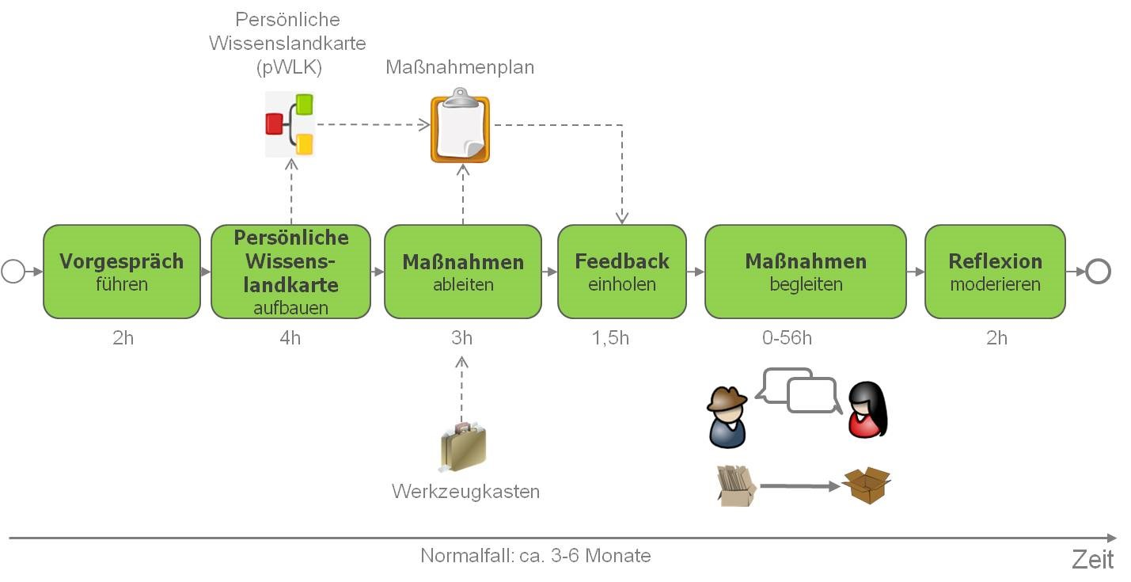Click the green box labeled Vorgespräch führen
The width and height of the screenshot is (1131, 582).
[x=122, y=272]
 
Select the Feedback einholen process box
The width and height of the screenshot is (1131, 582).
[x=622, y=272]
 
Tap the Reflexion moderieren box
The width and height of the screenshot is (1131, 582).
[x=995, y=272]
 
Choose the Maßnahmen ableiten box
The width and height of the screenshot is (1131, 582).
[x=463, y=272]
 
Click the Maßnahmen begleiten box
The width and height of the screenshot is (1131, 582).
[x=806, y=272]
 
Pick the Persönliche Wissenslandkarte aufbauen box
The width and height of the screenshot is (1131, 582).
[x=291, y=272]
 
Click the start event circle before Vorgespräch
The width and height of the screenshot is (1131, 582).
[x=13, y=272]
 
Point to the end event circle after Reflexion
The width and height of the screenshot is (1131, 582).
[x=1099, y=272]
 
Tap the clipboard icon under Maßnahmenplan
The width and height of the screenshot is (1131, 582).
[x=460, y=129]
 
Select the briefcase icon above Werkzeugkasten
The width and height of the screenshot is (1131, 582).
[x=463, y=447]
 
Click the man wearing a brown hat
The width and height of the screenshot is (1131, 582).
[x=727, y=417]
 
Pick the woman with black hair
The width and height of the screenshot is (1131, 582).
[x=867, y=410]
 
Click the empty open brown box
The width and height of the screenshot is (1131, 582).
[x=866, y=485]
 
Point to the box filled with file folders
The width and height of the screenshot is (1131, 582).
[x=735, y=485]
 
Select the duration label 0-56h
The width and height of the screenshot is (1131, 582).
[x=787, y=338]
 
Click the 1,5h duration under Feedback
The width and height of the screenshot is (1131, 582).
[x=609, y=338]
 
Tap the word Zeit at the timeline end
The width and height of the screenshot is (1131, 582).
[x=1093, y=559]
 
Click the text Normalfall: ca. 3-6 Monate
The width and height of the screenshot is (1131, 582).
[x=536, y=556]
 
